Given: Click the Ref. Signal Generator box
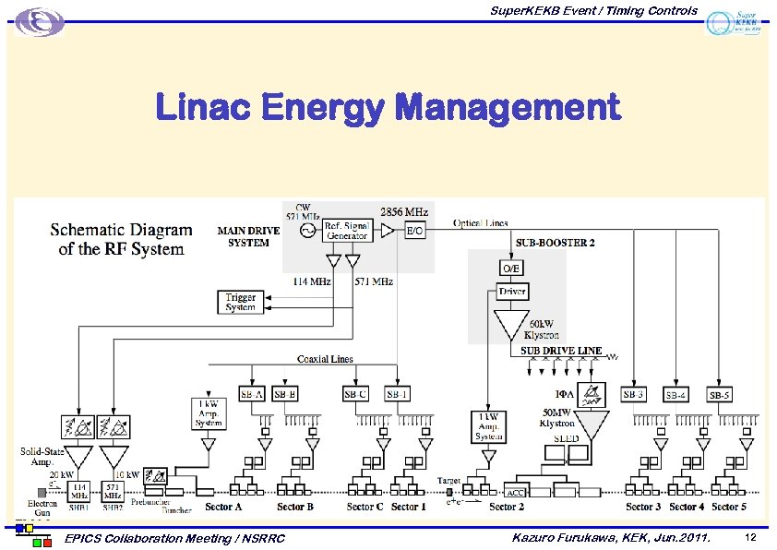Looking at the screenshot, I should (x=348, y=230).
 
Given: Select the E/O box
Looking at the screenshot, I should (x=415, y=231).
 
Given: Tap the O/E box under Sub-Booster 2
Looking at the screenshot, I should (x=510, y=268).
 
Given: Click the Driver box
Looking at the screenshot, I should (x=512, y=292).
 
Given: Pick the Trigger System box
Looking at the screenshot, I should (x=240, y=302).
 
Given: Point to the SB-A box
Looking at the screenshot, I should (x=252, y=394).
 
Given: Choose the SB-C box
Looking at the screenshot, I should (x=356, y=394).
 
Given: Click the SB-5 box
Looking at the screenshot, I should (x=720, y=395).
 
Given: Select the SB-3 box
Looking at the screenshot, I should (x=634, y=394).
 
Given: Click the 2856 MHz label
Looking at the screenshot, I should (x=404, y=211).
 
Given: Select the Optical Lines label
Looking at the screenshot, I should (x=481, y=223).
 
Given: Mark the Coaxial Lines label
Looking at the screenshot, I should (x=326, y=359).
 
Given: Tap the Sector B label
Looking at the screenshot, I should (x=295, y=507).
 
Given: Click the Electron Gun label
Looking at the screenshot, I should (x=42, y=508).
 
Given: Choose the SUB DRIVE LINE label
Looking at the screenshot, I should (x=561, y=351).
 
